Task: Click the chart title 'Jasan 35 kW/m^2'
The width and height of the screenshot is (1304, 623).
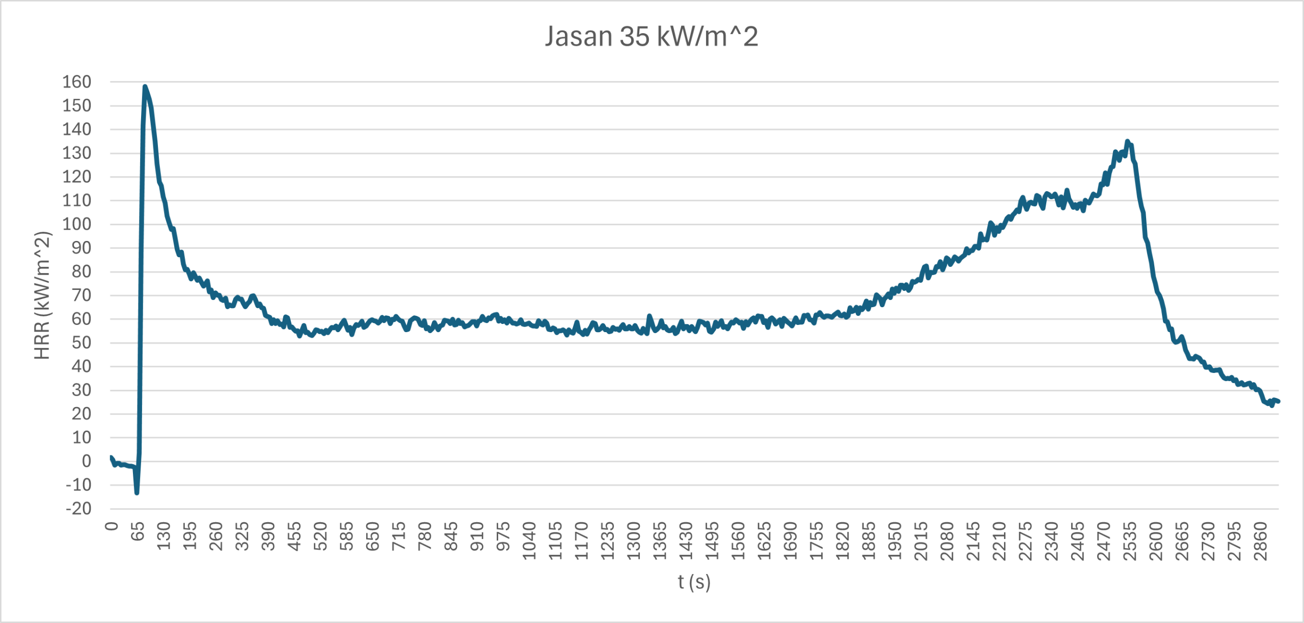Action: point(651,37)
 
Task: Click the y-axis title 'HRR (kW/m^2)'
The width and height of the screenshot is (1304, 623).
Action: point(43,295)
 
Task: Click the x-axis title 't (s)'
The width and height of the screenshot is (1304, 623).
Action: point(694,582)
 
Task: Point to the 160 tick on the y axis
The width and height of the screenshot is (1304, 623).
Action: point(77,82)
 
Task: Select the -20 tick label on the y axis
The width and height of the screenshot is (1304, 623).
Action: point(79,508)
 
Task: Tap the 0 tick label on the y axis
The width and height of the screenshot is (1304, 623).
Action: point(87,461)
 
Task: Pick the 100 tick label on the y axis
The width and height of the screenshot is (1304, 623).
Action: point(77,224)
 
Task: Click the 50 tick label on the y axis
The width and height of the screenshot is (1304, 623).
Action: point(81,342)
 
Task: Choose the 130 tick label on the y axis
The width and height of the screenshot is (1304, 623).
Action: point(77,153)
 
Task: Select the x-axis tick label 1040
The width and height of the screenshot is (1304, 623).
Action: point(529,540)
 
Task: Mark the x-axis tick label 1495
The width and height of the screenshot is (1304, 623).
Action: point(712,540)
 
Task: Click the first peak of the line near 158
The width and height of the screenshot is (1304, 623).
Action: point(145,87)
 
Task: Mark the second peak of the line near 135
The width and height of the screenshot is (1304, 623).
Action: point(1127,141)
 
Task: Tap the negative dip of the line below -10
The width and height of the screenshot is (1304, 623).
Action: point(137,493)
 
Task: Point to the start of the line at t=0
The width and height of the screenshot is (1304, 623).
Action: point(111,457)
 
